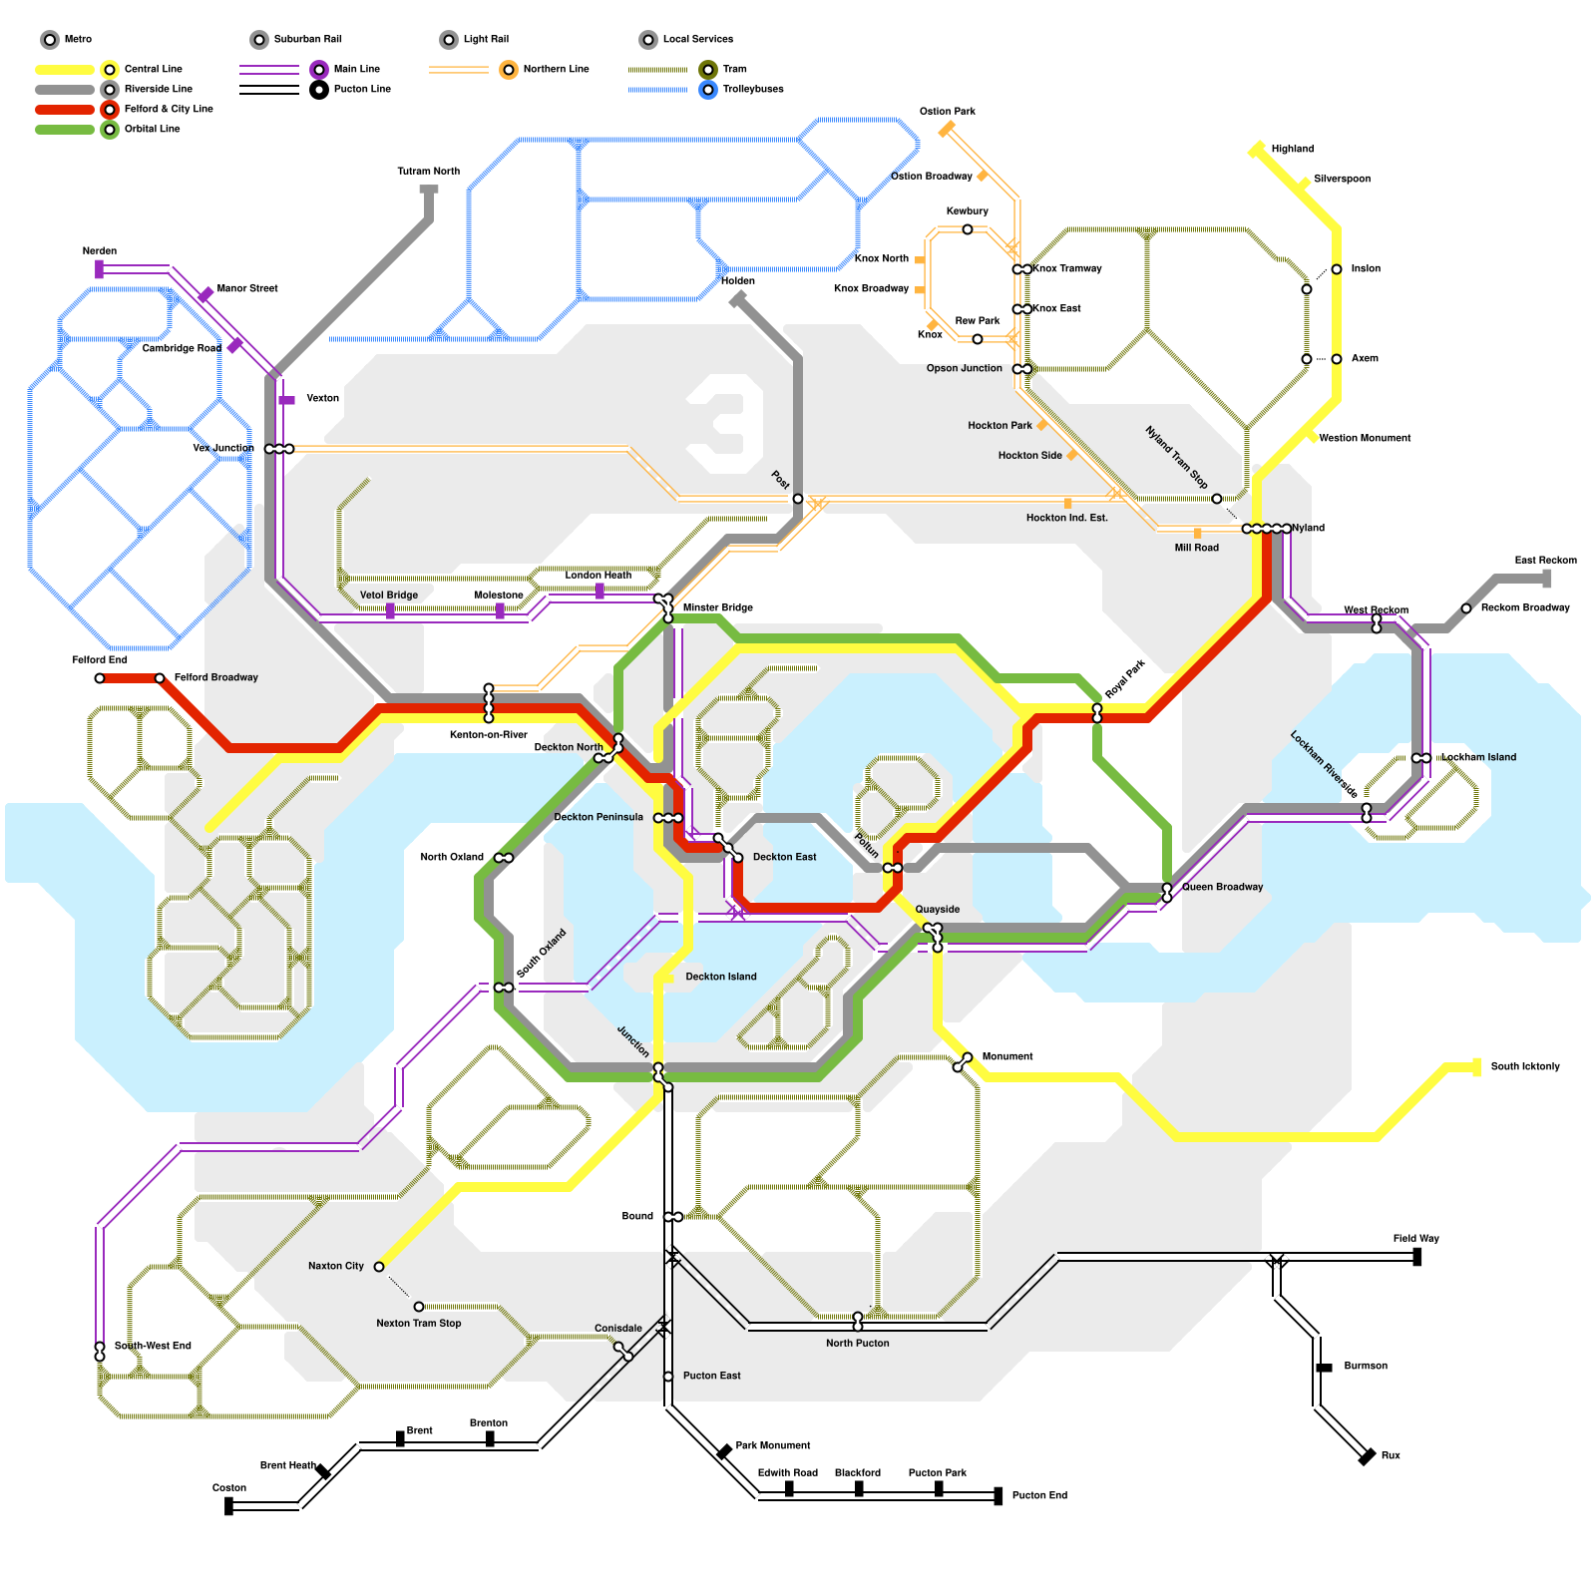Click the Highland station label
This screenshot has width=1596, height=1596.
coord(1292,149)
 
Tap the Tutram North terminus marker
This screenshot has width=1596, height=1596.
coord(429,189)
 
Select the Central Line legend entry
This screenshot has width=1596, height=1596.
coord(153,69)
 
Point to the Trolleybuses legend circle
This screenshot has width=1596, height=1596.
coord(708,90)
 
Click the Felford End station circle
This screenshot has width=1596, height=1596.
coord(100,678)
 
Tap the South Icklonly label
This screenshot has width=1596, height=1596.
coord(1524,1066)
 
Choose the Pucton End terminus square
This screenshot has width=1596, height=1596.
coord(998,1495)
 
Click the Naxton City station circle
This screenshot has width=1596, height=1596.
coord(379,1267)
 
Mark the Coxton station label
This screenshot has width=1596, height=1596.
coord(229,1487)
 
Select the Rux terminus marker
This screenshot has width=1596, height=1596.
coord(1368,1457)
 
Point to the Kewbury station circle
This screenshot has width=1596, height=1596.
coord(968,229)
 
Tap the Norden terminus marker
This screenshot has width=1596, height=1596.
coord(100,268)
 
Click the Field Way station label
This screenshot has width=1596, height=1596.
coord(1415,1238)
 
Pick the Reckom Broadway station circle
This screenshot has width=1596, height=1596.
coord(1466,608)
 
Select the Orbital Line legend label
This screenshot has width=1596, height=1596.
coord(152,129)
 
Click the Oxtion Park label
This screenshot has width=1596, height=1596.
coord(947,111)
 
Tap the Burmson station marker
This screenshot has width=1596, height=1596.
coord(1325,1368)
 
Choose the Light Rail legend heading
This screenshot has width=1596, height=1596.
coord(486,39)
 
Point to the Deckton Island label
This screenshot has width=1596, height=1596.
coord(720,977)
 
